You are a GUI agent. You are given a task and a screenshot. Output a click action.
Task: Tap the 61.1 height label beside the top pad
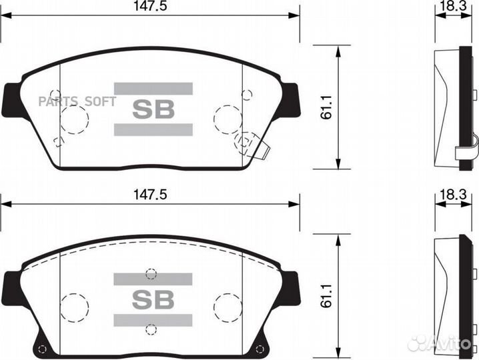coord(326,107)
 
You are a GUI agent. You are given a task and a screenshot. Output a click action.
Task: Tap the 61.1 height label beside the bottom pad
coord(326,295)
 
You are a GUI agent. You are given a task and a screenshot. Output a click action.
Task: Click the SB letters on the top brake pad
coord(153,109)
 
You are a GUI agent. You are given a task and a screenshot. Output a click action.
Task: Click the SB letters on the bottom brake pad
coord(153,299)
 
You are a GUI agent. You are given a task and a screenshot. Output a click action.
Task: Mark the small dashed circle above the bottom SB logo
coord(151,273)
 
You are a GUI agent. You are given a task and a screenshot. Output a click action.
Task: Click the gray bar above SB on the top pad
coord(153,88)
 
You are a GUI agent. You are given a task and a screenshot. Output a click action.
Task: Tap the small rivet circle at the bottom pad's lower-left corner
coord(43,351)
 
